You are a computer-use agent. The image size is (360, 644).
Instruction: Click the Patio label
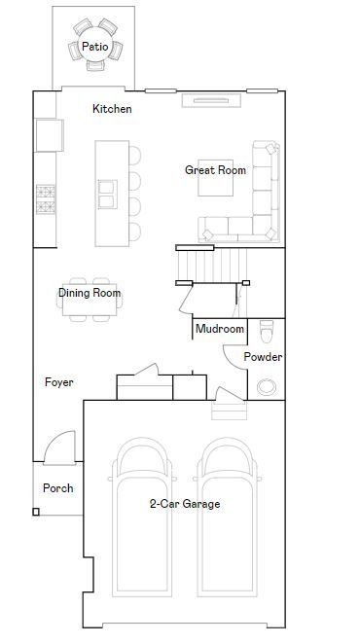(95, 47)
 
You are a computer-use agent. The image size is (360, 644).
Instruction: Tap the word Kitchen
(112, 109)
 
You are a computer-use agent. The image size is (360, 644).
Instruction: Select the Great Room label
(215, 170)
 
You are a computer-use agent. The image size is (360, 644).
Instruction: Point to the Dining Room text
(90, 293)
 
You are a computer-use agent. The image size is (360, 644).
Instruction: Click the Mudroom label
(220, 329)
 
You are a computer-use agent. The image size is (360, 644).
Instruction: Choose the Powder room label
(263, 357)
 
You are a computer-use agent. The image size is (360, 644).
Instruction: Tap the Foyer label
(59, 382)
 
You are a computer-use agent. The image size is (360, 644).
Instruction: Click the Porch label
(58, 488)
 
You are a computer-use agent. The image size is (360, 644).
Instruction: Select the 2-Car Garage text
(185, 504)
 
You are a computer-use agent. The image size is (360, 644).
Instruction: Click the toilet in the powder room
(267, 331)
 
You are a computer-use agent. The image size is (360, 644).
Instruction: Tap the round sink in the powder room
(267, 387)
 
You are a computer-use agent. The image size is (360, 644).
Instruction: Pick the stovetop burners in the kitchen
(45, 199)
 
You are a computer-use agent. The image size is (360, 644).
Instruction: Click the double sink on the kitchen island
(107, 195)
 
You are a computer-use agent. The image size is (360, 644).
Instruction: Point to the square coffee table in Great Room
(215, 178)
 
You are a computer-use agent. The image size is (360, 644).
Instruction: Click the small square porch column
(36, 512)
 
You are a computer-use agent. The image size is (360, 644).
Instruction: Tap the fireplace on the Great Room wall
(211, 100)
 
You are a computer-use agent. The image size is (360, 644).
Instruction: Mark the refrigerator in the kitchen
(50, 135)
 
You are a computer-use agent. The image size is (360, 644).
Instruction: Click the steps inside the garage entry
(230, 411)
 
